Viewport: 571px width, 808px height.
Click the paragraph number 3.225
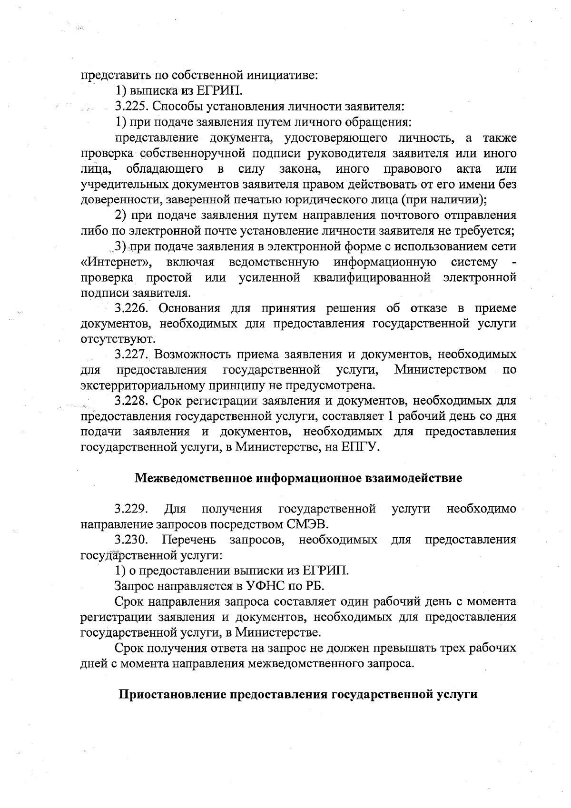pyautogui.click(x=131, y=107)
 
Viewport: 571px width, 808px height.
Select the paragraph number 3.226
pyautogui.click(x=131, y=308)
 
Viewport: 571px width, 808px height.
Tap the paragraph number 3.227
pyautogui.click(x=132, y=355)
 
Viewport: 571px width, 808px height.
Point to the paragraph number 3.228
pyautogui.click(x=131, y=401)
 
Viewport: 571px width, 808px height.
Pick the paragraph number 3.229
pyautogui.click(x=131, y=509)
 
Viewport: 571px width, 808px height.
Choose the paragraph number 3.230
pyautogui.click(x=131, y=540)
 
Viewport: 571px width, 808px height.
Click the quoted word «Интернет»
pyautogui.click(x=117, y=262)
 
